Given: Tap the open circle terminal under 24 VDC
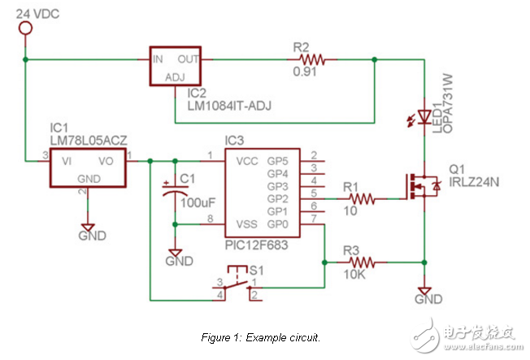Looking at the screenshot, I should tap(26, 29).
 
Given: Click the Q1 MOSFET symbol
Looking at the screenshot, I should tap(424, 187).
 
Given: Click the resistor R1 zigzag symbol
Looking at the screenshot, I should tap(358, 197).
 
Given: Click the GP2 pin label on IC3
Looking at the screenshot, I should tap(278, 197).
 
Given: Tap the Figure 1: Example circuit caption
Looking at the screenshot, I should tap(259, 336).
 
